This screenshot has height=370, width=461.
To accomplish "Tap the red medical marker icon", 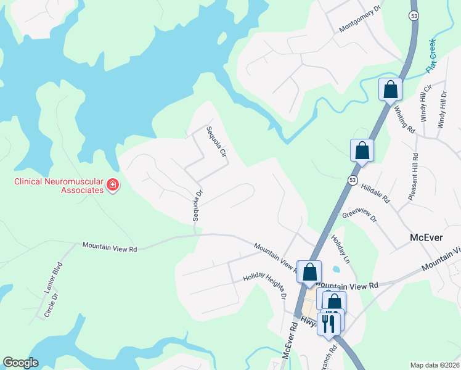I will [112, 184].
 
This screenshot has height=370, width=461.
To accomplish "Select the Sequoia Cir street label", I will [216, 141].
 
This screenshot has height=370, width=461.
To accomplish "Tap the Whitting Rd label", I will [404, 118].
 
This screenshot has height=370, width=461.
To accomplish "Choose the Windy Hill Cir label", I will [424, 103].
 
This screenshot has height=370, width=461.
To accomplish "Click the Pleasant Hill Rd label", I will [414, 176].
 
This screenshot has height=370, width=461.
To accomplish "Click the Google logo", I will [20, 363].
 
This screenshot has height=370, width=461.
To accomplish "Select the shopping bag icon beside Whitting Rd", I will [391, 90].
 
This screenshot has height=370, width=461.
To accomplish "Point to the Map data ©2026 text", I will [434, 364].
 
